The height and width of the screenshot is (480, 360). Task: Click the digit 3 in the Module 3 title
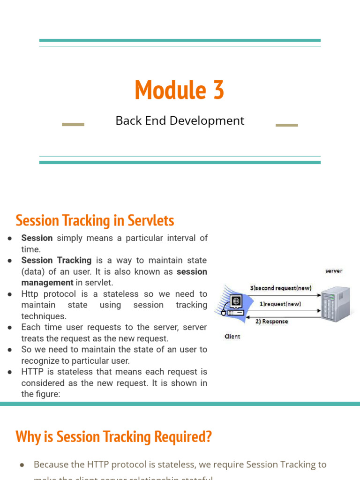tap(217, 90)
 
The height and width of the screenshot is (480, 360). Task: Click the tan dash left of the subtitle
tap(73, 125)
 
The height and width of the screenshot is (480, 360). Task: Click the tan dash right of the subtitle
tap(286, 125)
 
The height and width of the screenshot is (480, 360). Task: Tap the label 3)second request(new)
tap(281, 288)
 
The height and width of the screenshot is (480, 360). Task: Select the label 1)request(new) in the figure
tap(280, 304)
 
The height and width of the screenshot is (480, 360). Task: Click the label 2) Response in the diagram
tap(272, 322)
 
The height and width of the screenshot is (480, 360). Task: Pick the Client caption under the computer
tap(232, 337)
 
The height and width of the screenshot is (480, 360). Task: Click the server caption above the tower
tap(334, 271)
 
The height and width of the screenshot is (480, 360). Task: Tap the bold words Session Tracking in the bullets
tap(56, 260)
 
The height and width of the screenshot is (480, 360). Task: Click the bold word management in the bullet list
tap(47, 283)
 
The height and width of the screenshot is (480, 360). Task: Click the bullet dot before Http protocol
tap(10, 294)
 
